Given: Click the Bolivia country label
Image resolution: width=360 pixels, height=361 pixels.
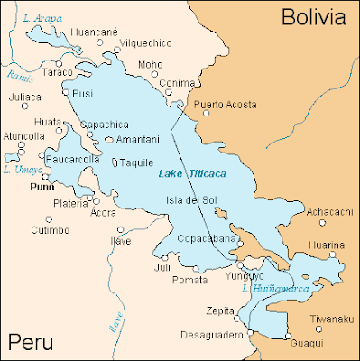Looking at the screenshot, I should pos(313,16).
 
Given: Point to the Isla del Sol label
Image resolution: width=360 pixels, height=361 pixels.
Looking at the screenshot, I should pos(189,200).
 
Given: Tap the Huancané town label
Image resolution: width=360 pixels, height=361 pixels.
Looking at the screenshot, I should pos(94,32).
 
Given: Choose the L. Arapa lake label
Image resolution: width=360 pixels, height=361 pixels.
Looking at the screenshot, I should pos(42,16).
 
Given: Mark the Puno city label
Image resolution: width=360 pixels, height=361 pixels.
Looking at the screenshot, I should pos(42,188).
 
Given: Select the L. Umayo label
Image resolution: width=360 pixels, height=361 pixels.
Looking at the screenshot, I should pos(19,169).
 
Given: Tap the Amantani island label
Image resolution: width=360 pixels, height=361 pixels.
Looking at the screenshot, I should pos(138,140).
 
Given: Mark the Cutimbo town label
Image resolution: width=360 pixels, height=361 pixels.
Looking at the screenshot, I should pos(51,230).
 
